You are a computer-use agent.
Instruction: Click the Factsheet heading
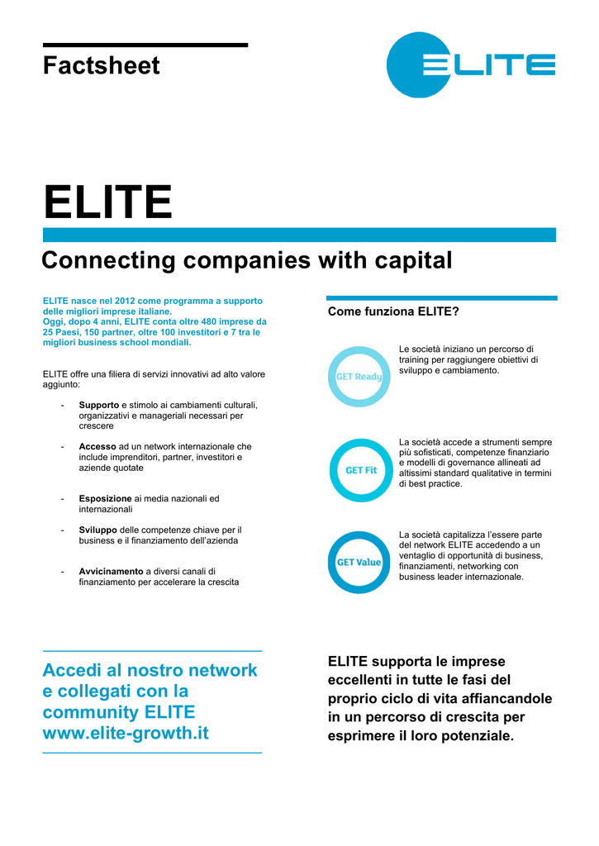[x=101, y=66]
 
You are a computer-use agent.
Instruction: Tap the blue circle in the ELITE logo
[x=410, y=64]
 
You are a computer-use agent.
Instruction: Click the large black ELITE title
[x=107, y=202]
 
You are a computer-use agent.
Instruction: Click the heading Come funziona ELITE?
[x=393, y=311]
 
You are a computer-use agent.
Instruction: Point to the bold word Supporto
[x=99, y=405]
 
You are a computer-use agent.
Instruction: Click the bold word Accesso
[x=97, y=447]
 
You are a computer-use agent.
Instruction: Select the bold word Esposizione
[x=105, y=499]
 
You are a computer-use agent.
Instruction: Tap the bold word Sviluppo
[x=97, y=530]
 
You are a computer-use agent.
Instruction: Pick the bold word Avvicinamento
[x=112, y=572]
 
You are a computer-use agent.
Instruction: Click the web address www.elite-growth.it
[x=126, y=734]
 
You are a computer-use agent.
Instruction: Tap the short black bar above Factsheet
[x=145, y=45]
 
